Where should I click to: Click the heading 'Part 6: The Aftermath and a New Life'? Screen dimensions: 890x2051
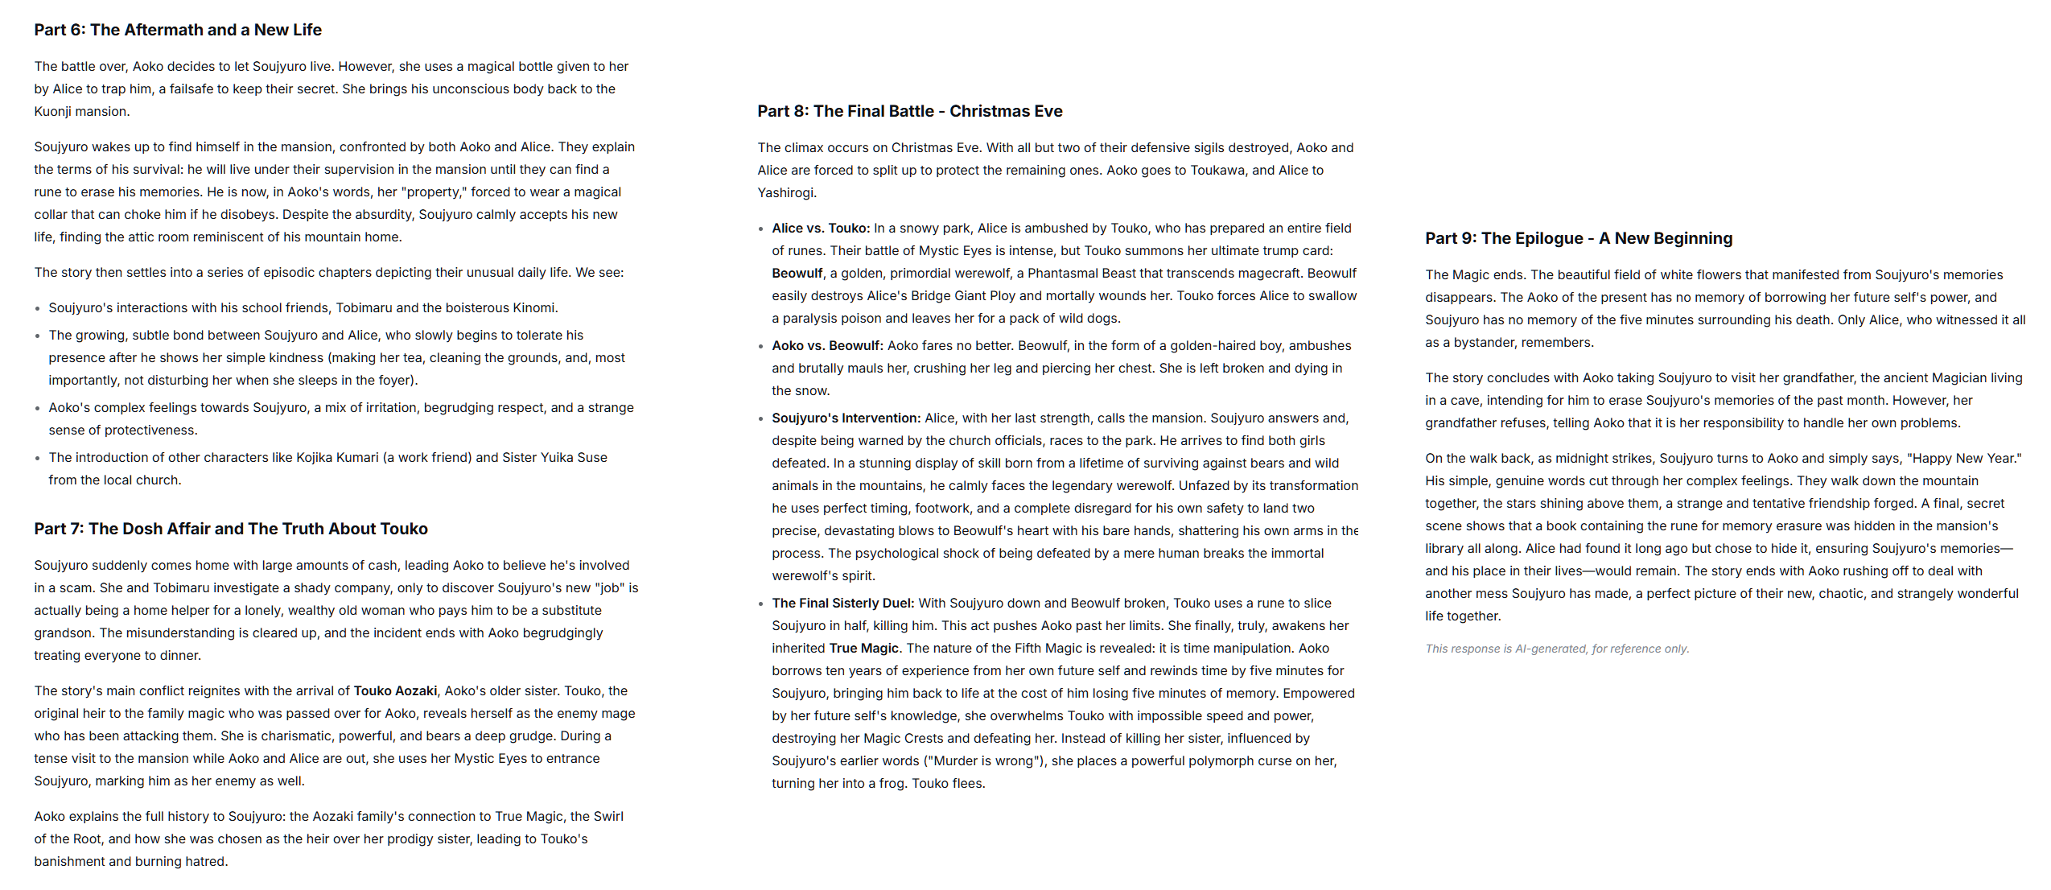pos(178,30)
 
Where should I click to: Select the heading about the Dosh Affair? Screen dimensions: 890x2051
pos(231,529)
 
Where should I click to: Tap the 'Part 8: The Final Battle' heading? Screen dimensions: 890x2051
pos(909,111)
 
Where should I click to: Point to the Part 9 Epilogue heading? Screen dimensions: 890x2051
pos(1578,238)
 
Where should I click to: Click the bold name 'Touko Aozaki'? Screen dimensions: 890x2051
pos(396,690)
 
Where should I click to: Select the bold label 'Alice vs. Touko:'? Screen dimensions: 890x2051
pos(821,228)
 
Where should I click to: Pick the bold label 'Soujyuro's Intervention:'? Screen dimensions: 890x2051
pos(846,418)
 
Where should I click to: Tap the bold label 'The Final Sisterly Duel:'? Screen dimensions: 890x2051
pos(842,603)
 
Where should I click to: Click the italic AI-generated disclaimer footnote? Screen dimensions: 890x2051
pos(1556,649)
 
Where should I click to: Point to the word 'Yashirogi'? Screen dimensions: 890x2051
pos(785,192)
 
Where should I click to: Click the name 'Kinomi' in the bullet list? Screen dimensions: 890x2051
pos(534,307)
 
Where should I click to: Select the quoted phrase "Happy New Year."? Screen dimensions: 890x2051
pos(1963,458)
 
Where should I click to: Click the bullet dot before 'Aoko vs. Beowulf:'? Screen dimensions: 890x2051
pos(761,347)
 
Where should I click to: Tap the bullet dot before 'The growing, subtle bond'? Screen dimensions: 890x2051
pos(38,336)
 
